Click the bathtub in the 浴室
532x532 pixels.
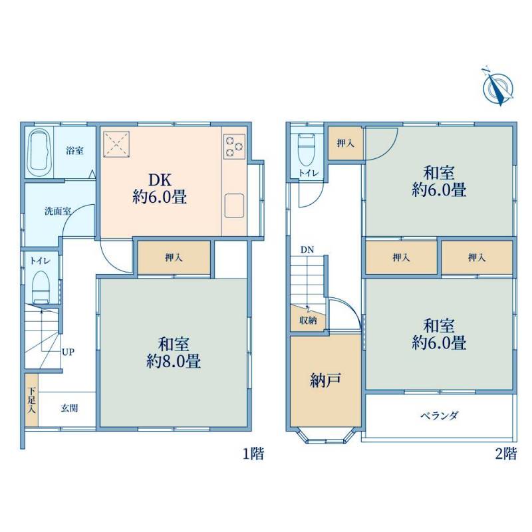click(40, 153)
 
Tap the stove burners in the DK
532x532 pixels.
click(234, 146)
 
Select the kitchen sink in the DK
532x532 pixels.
click(234, 205)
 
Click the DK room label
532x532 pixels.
click(160, 188)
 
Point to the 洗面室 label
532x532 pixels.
click(58, 211)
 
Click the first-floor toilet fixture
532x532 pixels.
click(41, 287)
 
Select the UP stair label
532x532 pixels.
click(68, 352)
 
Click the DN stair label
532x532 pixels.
click(307, 250)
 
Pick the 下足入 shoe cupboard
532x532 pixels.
click(31, 400)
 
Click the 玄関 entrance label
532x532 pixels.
click(70, 408)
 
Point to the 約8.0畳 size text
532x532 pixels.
click(174, 361)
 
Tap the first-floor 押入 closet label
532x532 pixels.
click(174, 258)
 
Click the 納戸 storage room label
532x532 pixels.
click(325, 380)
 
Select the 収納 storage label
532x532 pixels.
click(308, 321)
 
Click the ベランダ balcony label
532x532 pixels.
click(440, 416)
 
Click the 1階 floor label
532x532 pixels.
click(253, 454)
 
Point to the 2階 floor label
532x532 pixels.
click(506, 454)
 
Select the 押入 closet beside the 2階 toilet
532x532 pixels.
click(345, 143)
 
